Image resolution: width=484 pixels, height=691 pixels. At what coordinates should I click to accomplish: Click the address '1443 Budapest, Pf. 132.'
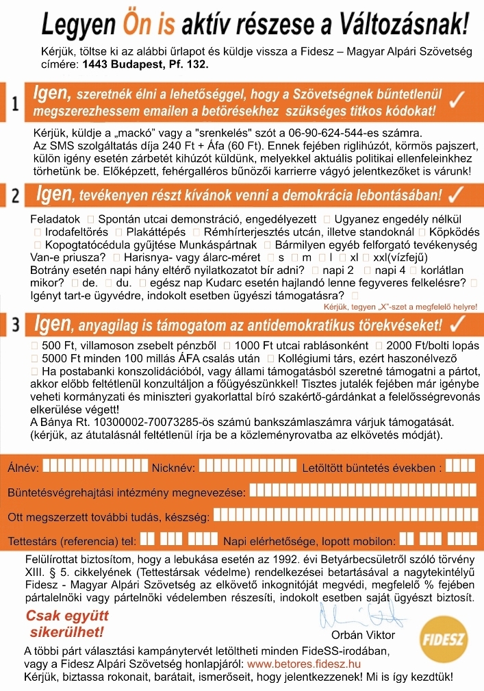[145, 63]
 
